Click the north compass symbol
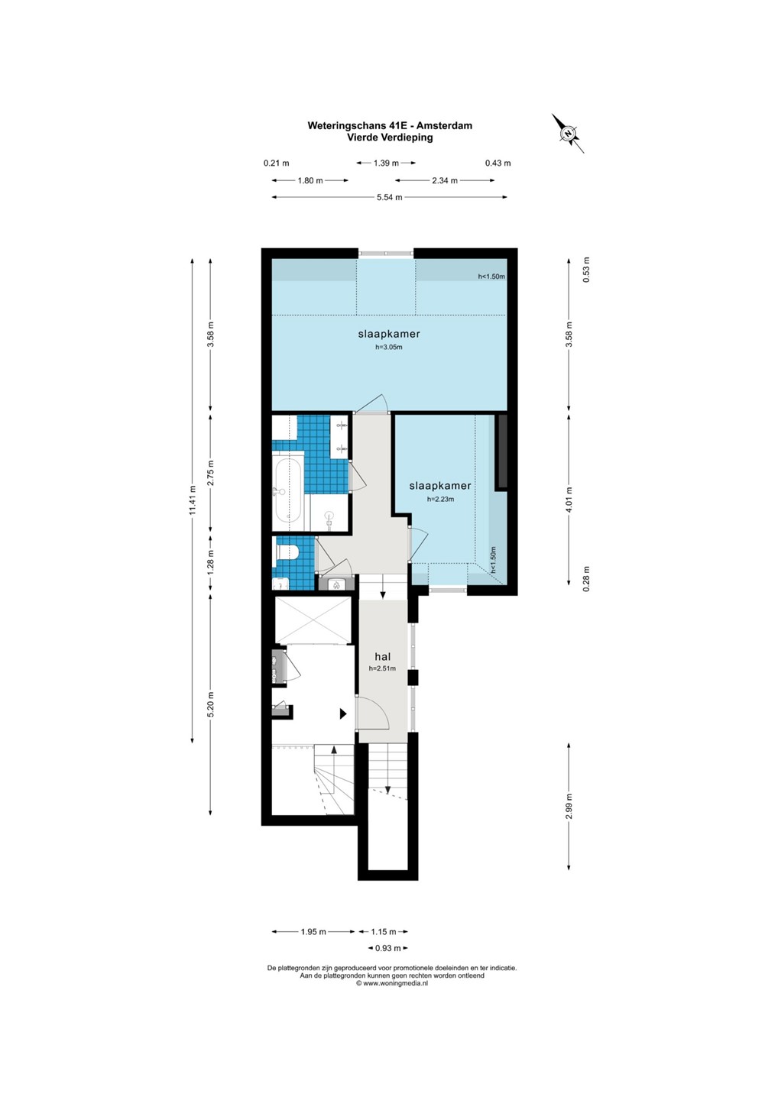pyautogui.click(x=568, y=133)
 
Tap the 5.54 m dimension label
pyautogui.click(x=390, y=197)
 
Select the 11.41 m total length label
pyautogui.click(x=193, y=500)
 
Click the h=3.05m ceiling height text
pyautogui.click(x=388, y=347)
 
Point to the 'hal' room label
pyautogui.click(x=383, y=657)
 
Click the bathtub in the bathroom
pyautogui.click(x=288, y=492)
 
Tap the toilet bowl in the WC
pyautogui.click(x=288, y=552)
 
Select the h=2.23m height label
pyautogui.click(x=440, y=500)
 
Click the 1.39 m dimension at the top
pyautogui.click(x=386, y=163)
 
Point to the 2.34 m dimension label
pyautogui.click(x=445, y=181)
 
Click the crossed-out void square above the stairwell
pyautogui.click(x=313, y=620)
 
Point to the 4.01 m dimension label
pyautogui.click(x=569, y=500)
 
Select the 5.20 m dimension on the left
pyautogui.click(x=211, y=704)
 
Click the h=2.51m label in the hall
pyautogui.click(x=383, y=668)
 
